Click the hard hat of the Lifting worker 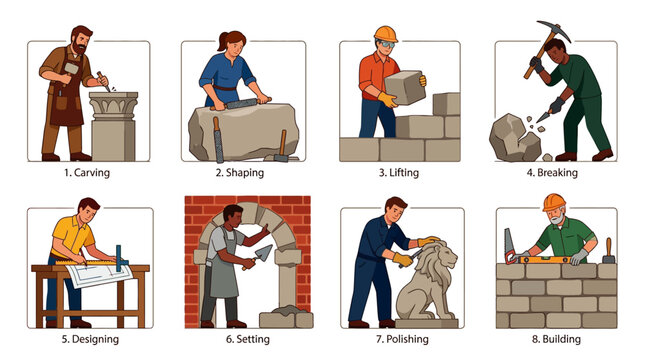(385, 34)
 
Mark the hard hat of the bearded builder (553, 203)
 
